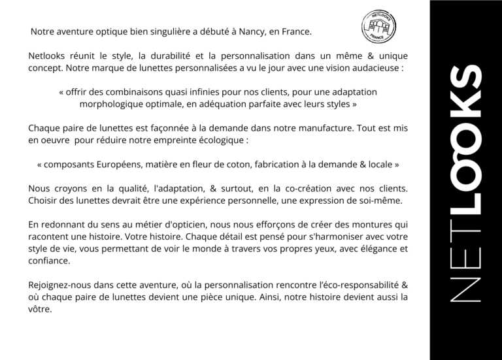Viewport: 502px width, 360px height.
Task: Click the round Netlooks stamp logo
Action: click(378, 27)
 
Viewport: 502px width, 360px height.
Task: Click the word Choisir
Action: click(44, 201)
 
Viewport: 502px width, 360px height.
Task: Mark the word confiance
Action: click(50, 260)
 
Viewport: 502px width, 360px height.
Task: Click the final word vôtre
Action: click(40, 309)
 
